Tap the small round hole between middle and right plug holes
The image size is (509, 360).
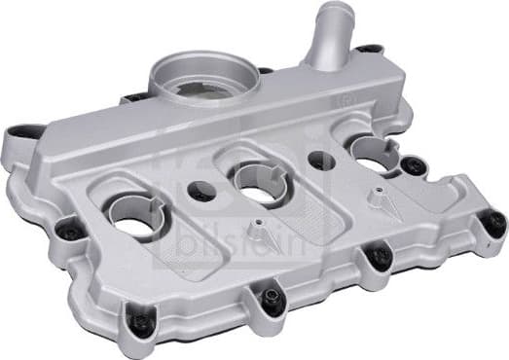pos(318,160)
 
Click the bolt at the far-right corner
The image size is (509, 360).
pos(493,223)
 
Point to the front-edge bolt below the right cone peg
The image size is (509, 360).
pos(380,255)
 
